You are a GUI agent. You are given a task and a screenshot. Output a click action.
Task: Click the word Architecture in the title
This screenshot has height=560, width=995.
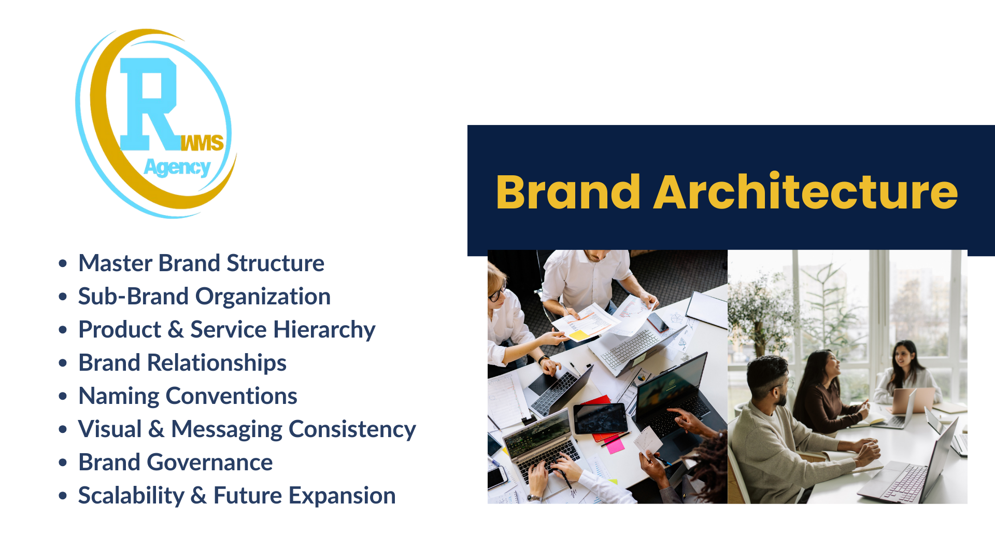coord(806,191)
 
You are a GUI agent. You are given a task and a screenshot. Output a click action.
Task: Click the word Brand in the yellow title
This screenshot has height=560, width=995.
coord(568,192)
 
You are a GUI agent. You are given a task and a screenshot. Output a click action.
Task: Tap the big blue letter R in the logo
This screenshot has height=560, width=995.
coord(149,104)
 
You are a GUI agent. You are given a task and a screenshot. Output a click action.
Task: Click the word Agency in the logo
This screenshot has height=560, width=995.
coord(177,167)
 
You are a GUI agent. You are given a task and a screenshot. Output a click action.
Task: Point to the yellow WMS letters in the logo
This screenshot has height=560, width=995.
coord(202,143)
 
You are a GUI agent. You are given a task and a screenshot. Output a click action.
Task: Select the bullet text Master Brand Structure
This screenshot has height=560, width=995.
coord(201,263)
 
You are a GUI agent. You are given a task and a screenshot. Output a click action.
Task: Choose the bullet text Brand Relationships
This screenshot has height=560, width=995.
coord(182,363)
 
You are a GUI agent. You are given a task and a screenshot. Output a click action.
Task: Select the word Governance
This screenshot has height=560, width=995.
coord(210,463)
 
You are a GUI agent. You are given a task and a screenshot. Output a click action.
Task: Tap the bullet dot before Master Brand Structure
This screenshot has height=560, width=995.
coord(63,263)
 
